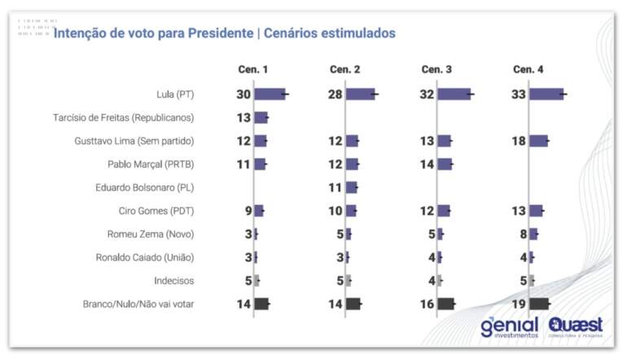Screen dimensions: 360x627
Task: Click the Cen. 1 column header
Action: coord(252,69)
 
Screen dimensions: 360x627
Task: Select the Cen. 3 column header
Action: coord(436,69)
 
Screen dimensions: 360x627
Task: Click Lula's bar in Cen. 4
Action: coord(546,94)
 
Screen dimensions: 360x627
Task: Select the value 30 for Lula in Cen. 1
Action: coord(243,94)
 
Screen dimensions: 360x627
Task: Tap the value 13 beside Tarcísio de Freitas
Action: coord(243,118)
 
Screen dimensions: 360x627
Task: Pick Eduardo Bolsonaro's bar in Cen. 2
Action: coord(352,187)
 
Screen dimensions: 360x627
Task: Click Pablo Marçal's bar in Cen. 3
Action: coord(445,165)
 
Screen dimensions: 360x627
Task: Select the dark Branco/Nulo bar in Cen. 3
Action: coord(446,304)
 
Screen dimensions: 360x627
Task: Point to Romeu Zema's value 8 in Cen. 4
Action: coord(522,235)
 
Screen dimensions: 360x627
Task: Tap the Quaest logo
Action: coord(576,326)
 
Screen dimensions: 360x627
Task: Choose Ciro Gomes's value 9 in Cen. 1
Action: coord(247,211)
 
